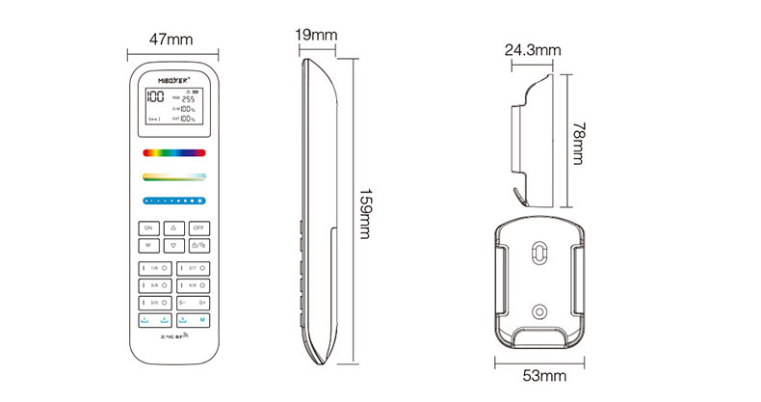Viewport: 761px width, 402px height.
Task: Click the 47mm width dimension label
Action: click(x=172, y=40)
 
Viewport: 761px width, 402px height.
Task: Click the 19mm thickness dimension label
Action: click(x=316, y=36)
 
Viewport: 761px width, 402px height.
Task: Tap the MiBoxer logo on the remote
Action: click(x=174, y=76)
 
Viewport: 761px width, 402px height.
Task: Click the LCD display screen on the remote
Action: click(x=174, y=107)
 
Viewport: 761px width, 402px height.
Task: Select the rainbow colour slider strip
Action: click(x=174, y=151)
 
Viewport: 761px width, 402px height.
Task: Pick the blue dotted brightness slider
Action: click(x=174, y=201)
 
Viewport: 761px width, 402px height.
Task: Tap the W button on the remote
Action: click(x=148, y=245)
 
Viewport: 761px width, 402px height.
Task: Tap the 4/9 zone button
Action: click(x=192, y=285)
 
